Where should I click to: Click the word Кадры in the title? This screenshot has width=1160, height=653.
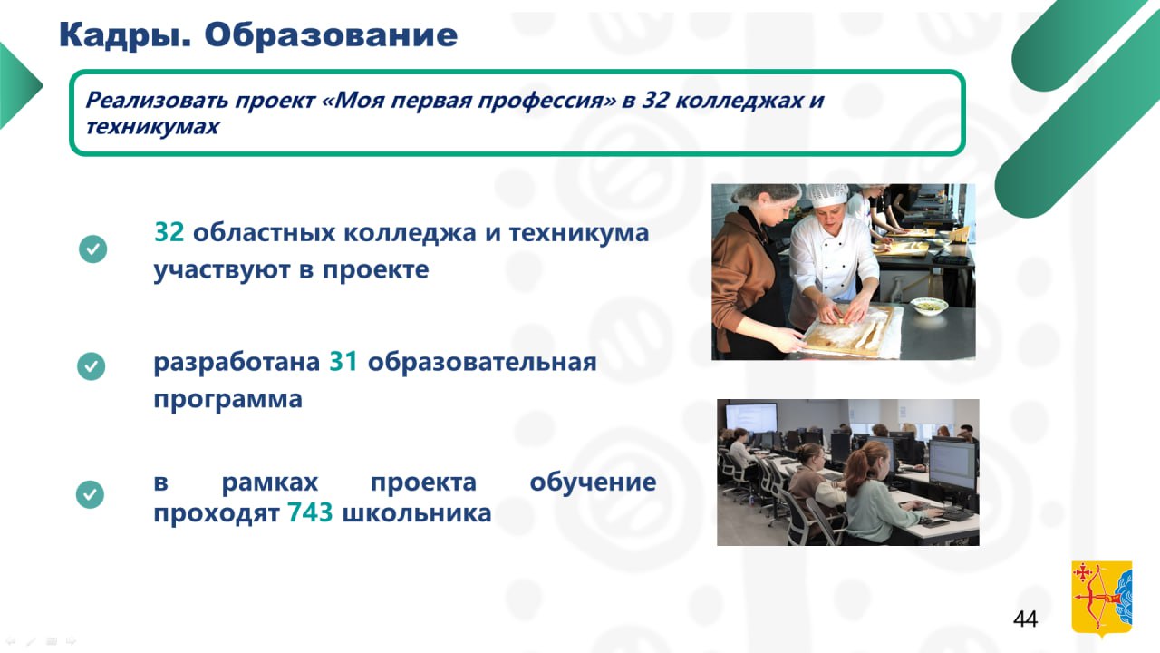pos(125,35)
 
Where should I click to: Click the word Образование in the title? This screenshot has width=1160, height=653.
pos(331,34)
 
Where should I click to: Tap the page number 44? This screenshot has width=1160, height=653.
pos(1025,619)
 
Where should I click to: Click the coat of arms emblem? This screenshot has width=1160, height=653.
pos(1101,598)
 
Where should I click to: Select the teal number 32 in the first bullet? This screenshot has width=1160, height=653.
pos(169,232)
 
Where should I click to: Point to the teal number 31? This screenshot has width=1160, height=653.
pos(343,362)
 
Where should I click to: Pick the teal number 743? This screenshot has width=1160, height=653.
pos(310,512)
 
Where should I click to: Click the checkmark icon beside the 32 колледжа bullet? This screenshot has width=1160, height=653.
pos(92,249)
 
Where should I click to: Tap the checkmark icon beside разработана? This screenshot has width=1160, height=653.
pos(92,365)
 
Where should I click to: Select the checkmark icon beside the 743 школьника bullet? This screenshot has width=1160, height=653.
pos(90,494)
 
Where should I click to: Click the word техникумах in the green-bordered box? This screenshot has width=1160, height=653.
pos(152,126)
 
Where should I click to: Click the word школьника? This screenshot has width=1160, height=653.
pos(417,513)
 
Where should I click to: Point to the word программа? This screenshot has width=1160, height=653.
pos(227,399)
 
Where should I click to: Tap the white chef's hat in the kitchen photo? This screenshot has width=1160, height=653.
pos(826,195)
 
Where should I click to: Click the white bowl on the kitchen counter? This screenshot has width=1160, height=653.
pos(929,306)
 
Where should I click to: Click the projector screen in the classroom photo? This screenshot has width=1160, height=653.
pos(751,418)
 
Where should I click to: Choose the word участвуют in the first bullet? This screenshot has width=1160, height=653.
pos(222,270)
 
